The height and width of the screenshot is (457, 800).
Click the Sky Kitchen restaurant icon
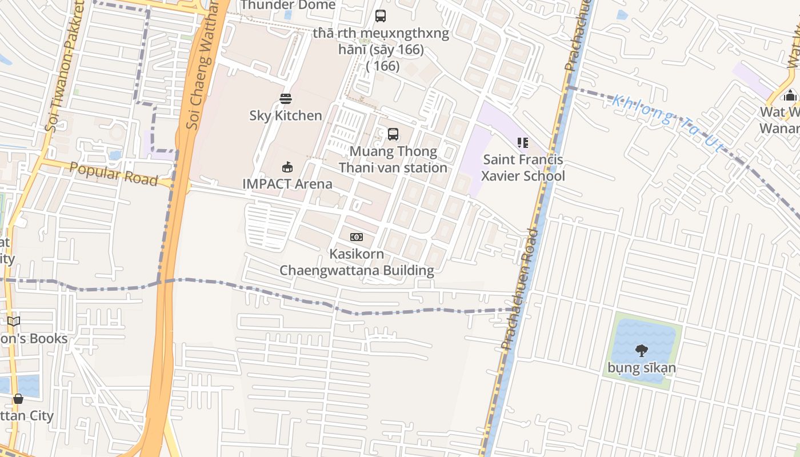coord(286,99)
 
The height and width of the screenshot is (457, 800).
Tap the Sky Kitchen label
coord(286,115)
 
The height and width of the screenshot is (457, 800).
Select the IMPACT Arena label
coord(287,184)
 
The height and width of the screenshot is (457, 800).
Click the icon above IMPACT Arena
coord(287,167)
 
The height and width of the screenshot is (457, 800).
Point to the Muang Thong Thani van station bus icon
coord(393,134)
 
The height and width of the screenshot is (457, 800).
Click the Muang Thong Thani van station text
coord(393,160)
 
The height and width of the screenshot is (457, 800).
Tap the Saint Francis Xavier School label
coord(523,168)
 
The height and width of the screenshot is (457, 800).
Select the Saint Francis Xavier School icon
coord(522,143)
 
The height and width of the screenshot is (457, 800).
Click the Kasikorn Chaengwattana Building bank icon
coord(357,237)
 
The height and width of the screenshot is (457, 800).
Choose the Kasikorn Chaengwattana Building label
coord(357,262)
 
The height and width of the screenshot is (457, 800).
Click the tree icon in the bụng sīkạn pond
coord(642,350)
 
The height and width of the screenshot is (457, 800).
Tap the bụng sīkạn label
coord(642,368)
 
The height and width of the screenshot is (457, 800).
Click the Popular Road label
coord(114,174)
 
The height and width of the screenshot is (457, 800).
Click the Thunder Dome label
coord(288,5)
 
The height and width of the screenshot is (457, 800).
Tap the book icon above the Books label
coord(14,322)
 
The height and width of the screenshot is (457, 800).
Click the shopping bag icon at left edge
coord(18,398)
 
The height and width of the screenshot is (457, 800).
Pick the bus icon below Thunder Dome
coord(381,16)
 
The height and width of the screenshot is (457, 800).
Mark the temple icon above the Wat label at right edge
coord(790,95)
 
